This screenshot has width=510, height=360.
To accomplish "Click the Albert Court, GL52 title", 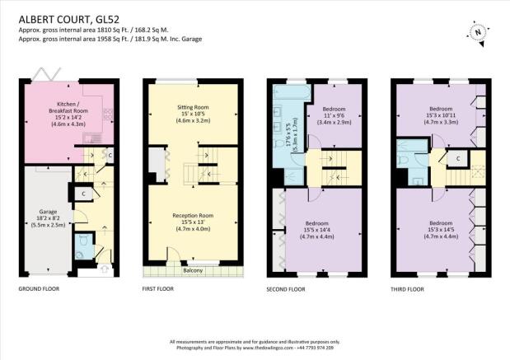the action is [x=69, y=20].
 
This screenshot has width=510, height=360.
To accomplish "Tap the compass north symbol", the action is [x=478, y=32].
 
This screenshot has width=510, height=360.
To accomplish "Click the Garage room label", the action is [x=48, y=212].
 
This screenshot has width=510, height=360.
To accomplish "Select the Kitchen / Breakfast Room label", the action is [x=68, y=107].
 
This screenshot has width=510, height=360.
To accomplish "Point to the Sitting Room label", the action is [x=193, y=107].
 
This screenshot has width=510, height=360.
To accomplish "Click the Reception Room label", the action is [x=193, y=216].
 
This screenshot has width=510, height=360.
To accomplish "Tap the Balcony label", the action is [x=193, y=270].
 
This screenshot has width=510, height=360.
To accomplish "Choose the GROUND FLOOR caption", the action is [x=39, y=289].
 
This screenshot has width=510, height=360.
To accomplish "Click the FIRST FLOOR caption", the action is [x=158, y=289].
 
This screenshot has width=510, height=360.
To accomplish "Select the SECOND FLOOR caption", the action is [x=286, y=289].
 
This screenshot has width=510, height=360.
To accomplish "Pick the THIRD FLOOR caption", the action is [x=407, y=289].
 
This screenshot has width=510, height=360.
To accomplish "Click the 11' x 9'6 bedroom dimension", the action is [x=334, y=116].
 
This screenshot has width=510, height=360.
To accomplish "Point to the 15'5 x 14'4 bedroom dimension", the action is [x=317, y=230].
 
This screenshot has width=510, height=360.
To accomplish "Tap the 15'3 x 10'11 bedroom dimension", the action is [x=441, y=115].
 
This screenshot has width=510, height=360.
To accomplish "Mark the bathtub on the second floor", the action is [x=291, y=92].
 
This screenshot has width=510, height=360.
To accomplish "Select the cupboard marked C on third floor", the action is [x=458, y=159].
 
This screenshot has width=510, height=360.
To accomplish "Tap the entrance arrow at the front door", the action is [x=105, y=269].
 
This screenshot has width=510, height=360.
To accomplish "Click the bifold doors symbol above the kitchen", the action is [x=46, y=74].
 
